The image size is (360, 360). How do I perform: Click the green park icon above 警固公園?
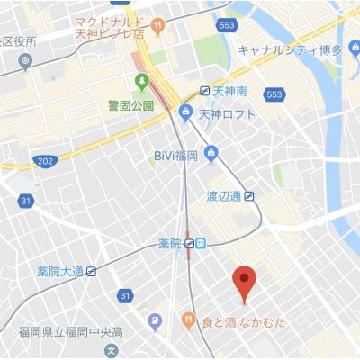[141, 84]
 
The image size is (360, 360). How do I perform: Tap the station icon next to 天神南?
[206, 92]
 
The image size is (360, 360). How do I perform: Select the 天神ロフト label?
[227, 113]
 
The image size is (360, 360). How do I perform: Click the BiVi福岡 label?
[175, 156]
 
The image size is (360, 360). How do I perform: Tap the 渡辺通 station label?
[225, 195]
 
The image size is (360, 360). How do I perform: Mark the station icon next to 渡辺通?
[249, 195]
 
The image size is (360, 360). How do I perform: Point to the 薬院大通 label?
[60, 271]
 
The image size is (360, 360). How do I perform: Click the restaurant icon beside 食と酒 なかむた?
[188, 319]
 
